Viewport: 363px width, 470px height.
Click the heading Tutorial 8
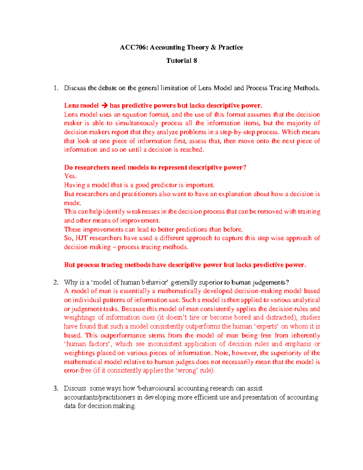click(181, 61)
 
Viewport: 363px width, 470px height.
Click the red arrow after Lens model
click(104, 106)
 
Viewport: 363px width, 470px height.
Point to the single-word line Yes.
click(70, 176)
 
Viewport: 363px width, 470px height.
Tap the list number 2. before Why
click(56, 282)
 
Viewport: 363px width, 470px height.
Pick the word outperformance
click(123, 335)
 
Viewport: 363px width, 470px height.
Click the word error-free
click(77, 370)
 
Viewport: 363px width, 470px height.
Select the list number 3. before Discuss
click(56, 388)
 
